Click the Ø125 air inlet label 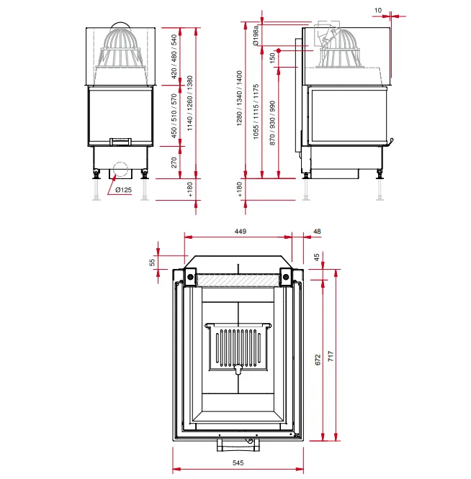(123, 190)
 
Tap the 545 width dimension (238, 462)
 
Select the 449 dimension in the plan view (241, 232)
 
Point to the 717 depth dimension (331, 356)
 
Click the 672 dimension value (318, 360)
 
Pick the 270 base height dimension (174, 163)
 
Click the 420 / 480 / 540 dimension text (174, 56)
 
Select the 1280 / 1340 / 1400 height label (239, 98)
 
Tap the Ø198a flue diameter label (256, 35)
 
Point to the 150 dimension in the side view (272, 58)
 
